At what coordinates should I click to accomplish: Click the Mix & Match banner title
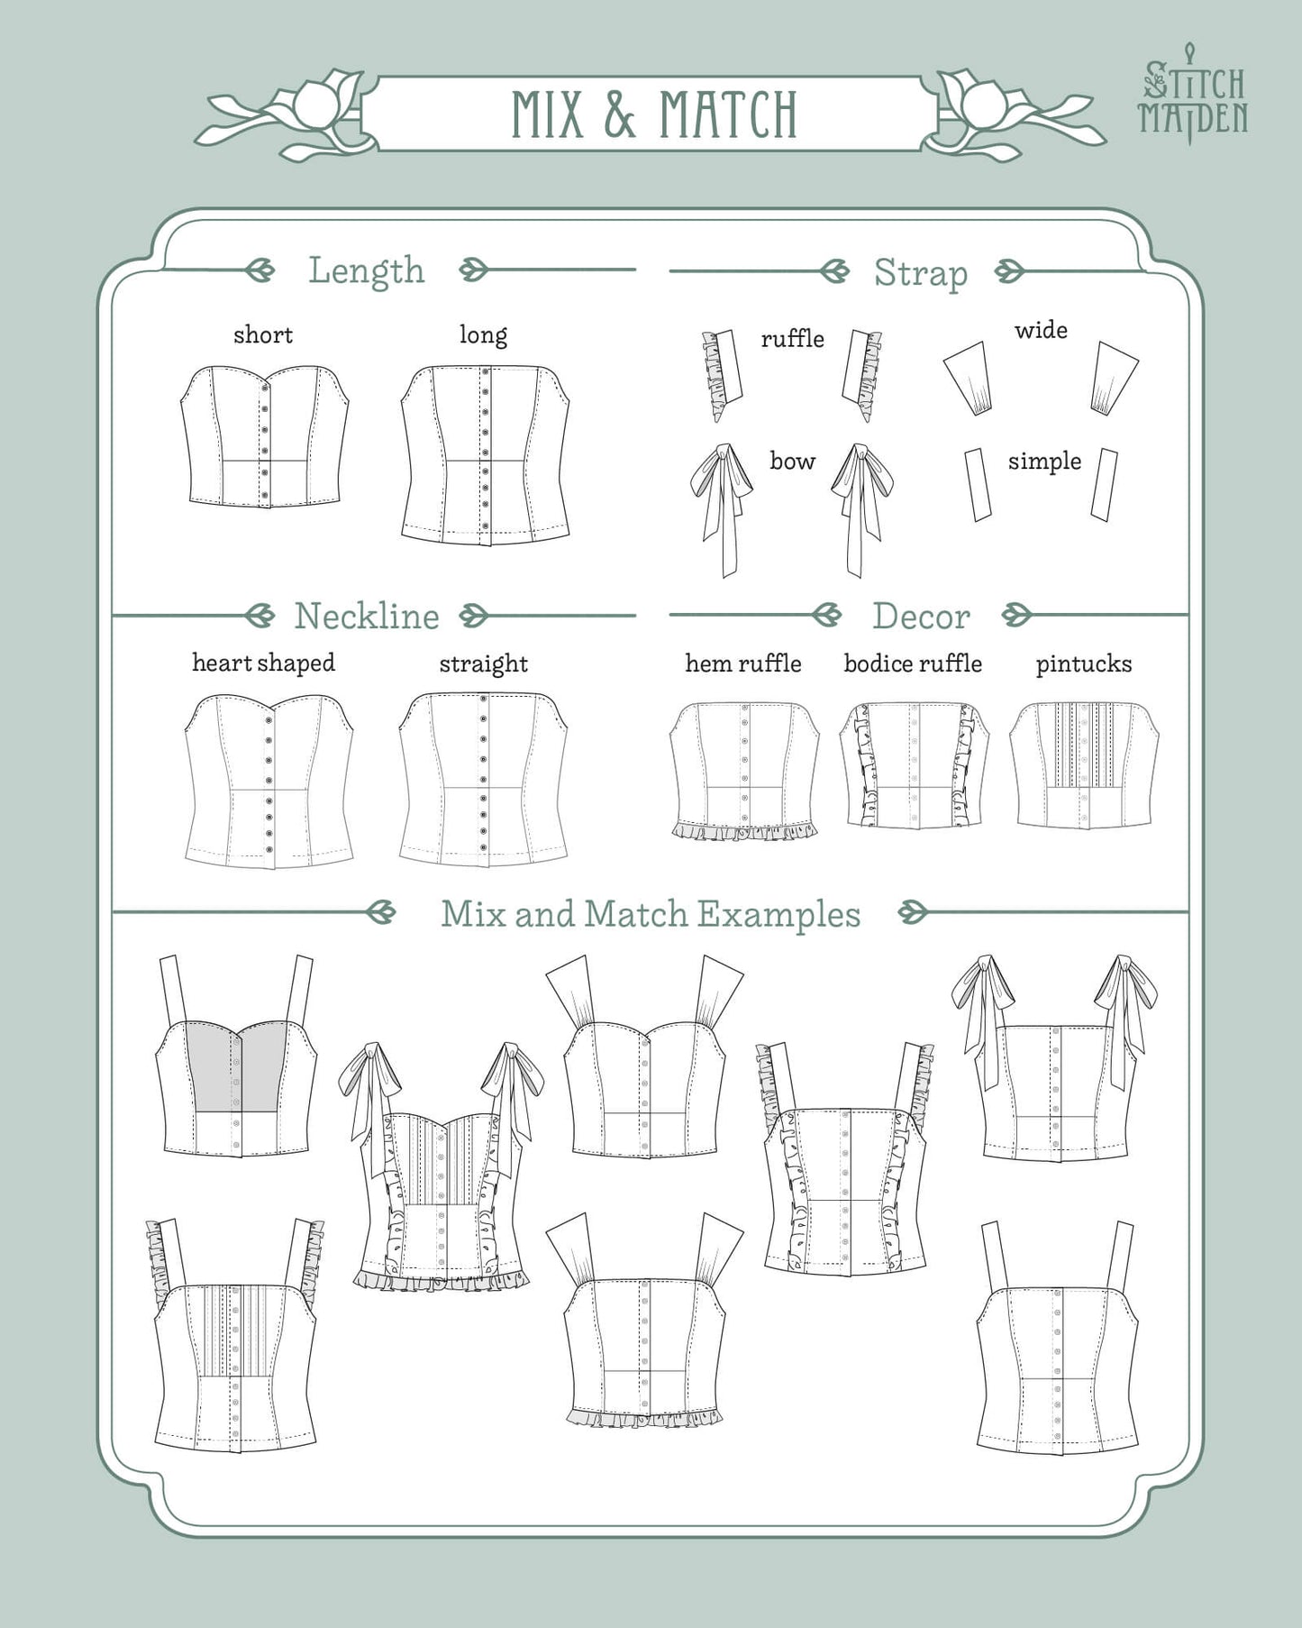pyautogui.click(x=654, y=114)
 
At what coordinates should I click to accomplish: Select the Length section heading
pyautogui.click(x=366, y=270)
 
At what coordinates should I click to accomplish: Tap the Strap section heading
pyautogui.click(x=921, y=272)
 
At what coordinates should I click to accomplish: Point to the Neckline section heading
pyautogui.click(x=367, y=617)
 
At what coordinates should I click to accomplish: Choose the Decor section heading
pyautogui.click(x=921, y=617)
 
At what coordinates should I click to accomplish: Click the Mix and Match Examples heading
pyautogui.click(x=651, y=914)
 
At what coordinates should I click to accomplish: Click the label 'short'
pyautogui.click(x=263, y=335)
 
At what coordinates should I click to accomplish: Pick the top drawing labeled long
pyautogui.click(x=486, y=454)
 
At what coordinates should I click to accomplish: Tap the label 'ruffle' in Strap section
pyautogui.click(x=792, y=339)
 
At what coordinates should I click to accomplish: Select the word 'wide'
pyautogui.click(x=1041, y=330)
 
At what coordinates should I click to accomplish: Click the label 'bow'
pyautogui.click(x=792, y=462)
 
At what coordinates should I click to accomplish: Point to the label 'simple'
pyautogui.click(x=1044, y=462)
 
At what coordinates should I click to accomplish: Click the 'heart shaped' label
pyautogui.click(x=263, y=663)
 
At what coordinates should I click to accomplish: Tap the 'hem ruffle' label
pyautogui.click(x=743, y=663)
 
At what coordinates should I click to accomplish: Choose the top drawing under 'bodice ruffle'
pyautogui.click(x=914, y=765)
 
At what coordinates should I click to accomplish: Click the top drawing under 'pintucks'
pyautogui.click(x=1084, y=765)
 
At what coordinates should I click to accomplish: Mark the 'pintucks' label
pyautogui.click(x=1084, y=664)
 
